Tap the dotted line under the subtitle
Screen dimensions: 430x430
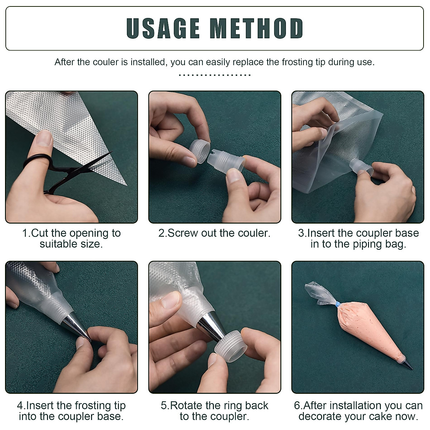click(x=215, y=75)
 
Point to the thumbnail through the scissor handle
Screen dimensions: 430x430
click(x=45, y=139)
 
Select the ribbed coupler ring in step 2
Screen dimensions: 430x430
click(x=200, y=151)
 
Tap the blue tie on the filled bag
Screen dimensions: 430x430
click(x=338, y=304)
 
